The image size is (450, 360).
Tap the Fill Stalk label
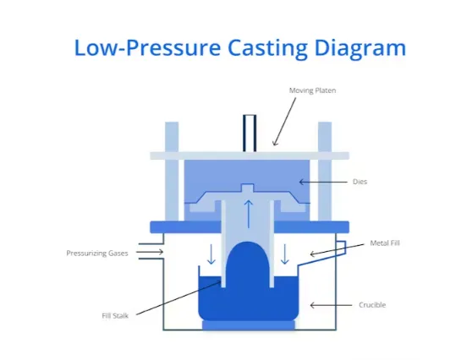(x=115, y=315)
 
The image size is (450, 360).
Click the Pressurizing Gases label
(x=97, y=253)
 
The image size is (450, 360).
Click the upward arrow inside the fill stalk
(x=248, y=212)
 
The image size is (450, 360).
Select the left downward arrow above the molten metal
(x=211, y=253)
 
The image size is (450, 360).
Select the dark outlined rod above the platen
(x=250, y=133)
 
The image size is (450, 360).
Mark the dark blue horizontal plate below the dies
(x=249, y=226)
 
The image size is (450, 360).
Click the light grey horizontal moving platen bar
(x=203, y=155)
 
